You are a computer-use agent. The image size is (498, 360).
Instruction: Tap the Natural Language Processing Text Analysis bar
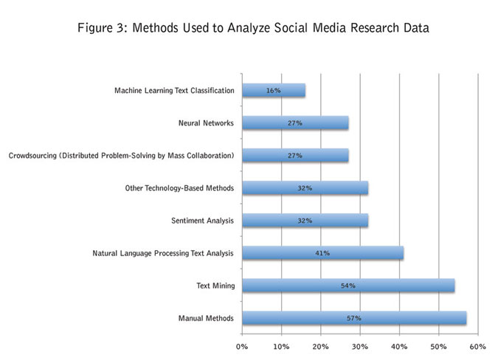pyautogui.click(x=322, y=253)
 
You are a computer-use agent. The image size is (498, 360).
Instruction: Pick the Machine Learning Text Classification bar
pyautogui.click(x=273, y=91)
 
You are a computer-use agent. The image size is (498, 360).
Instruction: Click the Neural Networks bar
pyautogui.click(x=294, y=123)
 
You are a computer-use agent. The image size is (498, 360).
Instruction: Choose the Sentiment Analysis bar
pyautogui.click(x=305, y=221)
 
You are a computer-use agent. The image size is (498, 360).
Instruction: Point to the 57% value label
pyautogui.click(x=353, y=318)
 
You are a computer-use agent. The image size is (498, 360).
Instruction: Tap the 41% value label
pyautogui.click(x=322, y=253)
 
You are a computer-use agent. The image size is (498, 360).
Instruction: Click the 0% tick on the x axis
pyautogui.click(x=242, y=346)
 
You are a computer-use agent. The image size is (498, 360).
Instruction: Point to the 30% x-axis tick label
pyautogui.click(x=359, y=346)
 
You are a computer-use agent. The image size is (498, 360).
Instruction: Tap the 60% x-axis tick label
pyautogui.click(x=477, y=346)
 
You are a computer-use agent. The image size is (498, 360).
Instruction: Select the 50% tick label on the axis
pyautogui.click(x=438, y=346)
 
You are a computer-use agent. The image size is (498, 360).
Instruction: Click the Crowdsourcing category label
pyautogui.click(x=121, y=156)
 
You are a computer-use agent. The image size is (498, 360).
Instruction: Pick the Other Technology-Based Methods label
pyautogui.click(x=179, y=188)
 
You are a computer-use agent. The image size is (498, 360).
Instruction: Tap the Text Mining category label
pyautogui.click(x=216, y=285)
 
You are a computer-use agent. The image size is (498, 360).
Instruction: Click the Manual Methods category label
pyautogui.click(x=206, y=318)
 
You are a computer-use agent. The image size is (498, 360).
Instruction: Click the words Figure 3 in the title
pyautogui.click(x=100, y=29)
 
